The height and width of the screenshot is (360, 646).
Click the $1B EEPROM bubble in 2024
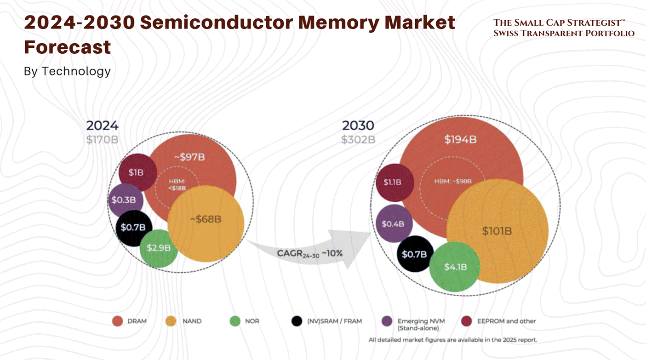pos(136,172)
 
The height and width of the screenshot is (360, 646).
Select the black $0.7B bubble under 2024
pos(133,227)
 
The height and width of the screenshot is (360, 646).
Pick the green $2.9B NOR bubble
pos(159,248)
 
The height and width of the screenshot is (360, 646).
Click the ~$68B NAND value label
pos(206,219)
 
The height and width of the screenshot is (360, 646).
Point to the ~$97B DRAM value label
pos(189,157)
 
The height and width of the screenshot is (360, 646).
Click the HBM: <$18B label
pos(177,184)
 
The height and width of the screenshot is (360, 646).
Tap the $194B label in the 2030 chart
pos(460,140)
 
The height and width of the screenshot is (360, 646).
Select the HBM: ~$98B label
pos(453,181)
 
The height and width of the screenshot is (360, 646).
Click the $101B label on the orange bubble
pos(497,231)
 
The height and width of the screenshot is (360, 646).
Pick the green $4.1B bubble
pos(455,267)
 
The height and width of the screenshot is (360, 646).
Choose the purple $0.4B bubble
pos(394,224)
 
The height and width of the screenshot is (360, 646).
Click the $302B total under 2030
pos(358,139)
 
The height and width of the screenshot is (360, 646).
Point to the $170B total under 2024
pos(102,139)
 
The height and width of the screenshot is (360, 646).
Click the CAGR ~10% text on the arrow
pos(309,253)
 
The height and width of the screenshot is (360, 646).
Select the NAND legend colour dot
pos(171,321)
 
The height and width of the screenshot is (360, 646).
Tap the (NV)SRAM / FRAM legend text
pos(334,321)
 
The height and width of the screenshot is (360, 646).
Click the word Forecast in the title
pos(68,47)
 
